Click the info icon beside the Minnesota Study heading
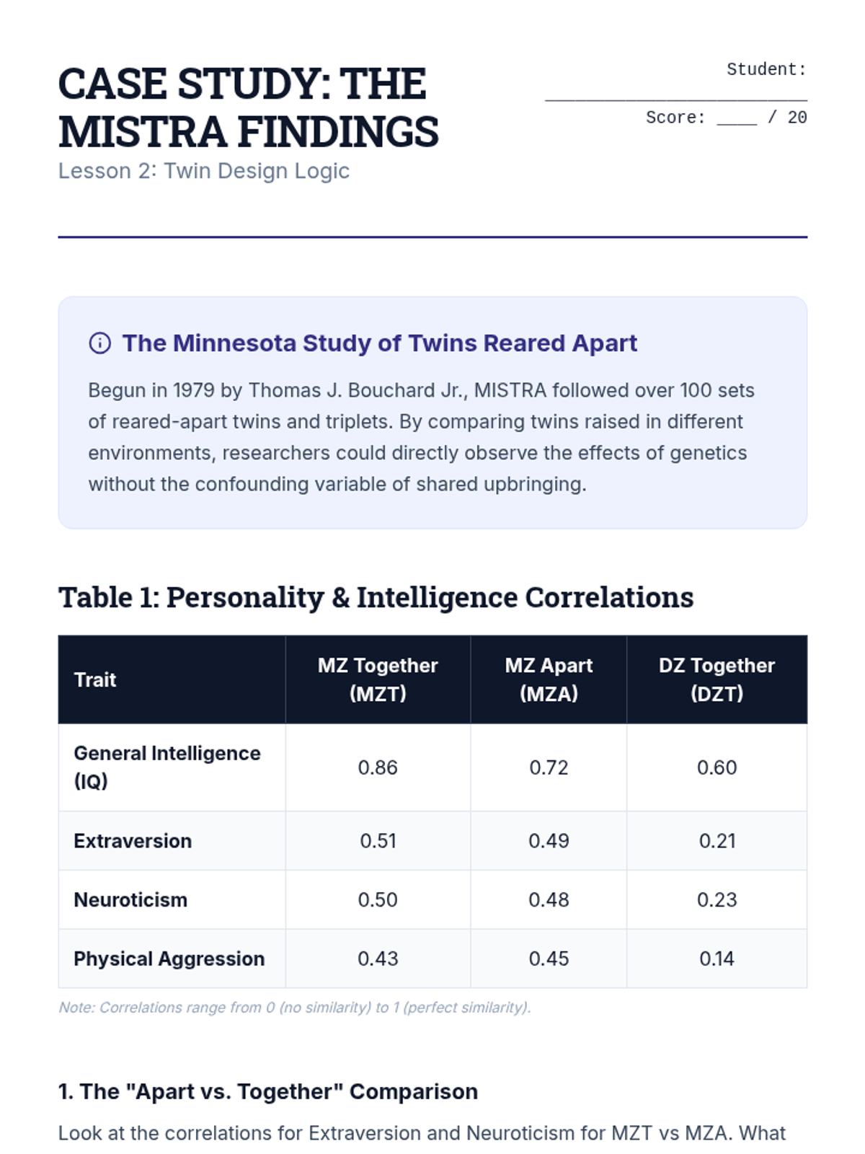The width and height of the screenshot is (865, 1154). coord(99,343)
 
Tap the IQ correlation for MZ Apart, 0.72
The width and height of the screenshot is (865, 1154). coord(549,767)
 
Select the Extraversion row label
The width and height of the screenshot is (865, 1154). coord(133,841)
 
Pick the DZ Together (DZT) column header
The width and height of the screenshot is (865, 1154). coord(717,679)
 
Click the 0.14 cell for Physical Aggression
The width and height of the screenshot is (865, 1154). coord(717,959)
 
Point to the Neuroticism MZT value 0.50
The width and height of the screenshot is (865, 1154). coord(378,900)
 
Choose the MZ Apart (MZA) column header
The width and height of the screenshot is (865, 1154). coord(549,679)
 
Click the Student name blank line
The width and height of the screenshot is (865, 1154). coord(675,94)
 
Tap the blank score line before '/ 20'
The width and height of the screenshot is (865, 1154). coord(736,120)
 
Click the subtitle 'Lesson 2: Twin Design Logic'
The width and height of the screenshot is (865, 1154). coord(204,171)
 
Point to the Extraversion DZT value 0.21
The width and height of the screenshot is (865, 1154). coord(717,841)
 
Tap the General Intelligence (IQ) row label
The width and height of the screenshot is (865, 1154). coord(167,767)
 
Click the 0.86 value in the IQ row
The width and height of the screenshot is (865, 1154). coord(378,767)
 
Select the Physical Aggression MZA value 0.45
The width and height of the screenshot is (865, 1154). coord(549,959)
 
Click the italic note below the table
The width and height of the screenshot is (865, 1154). coord(294,1008)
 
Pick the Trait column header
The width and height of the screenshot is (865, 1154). coord(95,679)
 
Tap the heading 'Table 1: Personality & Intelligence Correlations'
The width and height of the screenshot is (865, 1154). coord(376,598)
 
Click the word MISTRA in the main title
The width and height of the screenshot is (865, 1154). coord(141,131)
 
